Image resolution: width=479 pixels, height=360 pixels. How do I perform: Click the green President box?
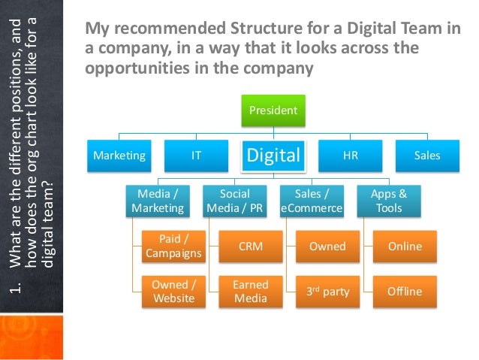coord(274,110)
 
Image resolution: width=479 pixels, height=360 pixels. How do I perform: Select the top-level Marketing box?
coord(119,156)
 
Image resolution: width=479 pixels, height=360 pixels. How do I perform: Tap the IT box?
coord(196,156)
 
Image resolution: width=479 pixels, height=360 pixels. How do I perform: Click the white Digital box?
coord(273,156)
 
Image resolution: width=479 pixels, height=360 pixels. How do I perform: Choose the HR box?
coord(350,156)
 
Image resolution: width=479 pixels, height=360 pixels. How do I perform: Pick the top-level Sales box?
coord(427,156)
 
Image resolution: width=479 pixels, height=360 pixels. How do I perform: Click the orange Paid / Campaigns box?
coord(174,246)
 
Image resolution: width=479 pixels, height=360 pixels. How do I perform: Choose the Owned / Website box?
coord(174,292)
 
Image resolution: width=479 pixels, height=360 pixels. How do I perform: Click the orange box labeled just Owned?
coord(328,246)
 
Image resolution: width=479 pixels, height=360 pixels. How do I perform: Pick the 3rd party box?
coord(328,292)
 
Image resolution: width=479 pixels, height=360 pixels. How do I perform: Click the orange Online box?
coord(405,246)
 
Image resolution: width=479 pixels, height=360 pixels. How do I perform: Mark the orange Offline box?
coord(405,292)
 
